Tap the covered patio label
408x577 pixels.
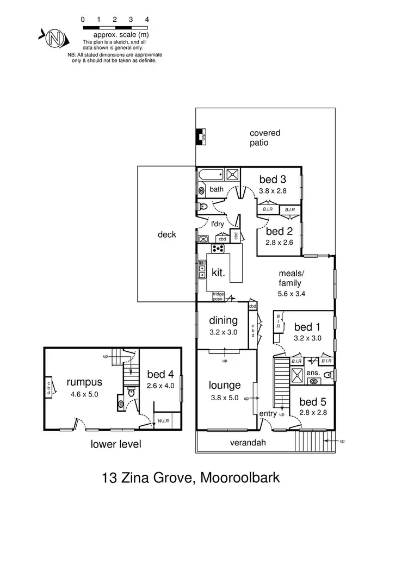[265, 138]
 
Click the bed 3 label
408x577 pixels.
[273, 179]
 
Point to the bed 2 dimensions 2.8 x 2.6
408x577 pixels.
[280, 243]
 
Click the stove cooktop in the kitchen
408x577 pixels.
[219, 249]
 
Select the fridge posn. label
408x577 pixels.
[219, 296]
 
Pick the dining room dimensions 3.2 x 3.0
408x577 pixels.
[224, 332]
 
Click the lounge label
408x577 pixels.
[225, 386]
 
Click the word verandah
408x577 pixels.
[248, 443]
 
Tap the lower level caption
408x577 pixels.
[116, 444]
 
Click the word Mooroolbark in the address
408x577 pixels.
[240, 479]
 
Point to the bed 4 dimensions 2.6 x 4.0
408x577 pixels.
[160, 386]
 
